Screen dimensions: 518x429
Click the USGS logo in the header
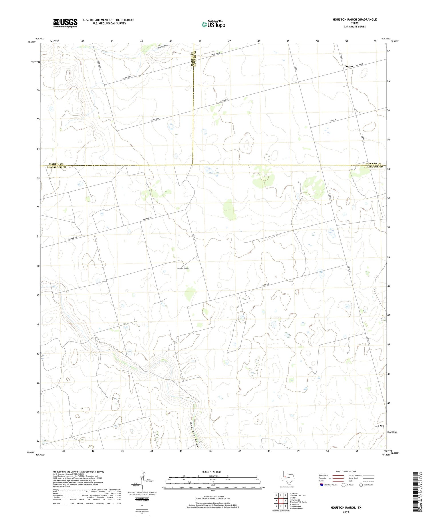65,23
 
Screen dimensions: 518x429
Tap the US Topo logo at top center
213,25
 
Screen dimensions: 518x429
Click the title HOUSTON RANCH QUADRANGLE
354,19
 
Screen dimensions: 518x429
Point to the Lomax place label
349,66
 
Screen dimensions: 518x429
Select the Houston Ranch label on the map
182,268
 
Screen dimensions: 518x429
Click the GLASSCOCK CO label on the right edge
373,167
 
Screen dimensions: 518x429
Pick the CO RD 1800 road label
155,120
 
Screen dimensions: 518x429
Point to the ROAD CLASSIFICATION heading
346,471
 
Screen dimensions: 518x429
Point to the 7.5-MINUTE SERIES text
354,27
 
